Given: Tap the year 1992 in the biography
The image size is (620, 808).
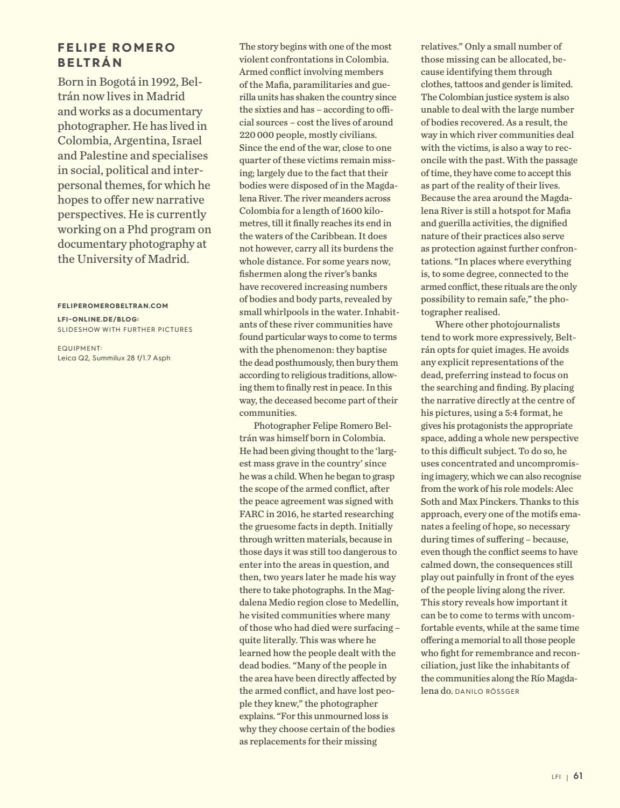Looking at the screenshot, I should (x=158, y=82).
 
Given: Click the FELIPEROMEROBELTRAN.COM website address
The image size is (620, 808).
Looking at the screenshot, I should (x=113, y=305).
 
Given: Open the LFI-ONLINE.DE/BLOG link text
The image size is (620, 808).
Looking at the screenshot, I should (x=98, y=319).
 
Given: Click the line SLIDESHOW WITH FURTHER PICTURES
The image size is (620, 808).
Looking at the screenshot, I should (x=125, y=329).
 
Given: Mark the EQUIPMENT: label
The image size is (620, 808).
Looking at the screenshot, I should (x=80, y=349).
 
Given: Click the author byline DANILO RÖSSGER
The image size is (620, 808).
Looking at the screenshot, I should (x=487, y=691).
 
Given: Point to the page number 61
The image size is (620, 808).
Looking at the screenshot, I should (x=578, y=776).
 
